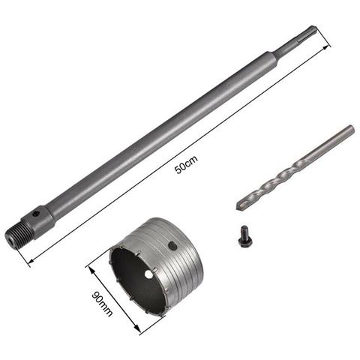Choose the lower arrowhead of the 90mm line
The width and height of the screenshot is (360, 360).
[139, 331]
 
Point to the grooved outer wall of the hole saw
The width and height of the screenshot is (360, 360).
[169, 259]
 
